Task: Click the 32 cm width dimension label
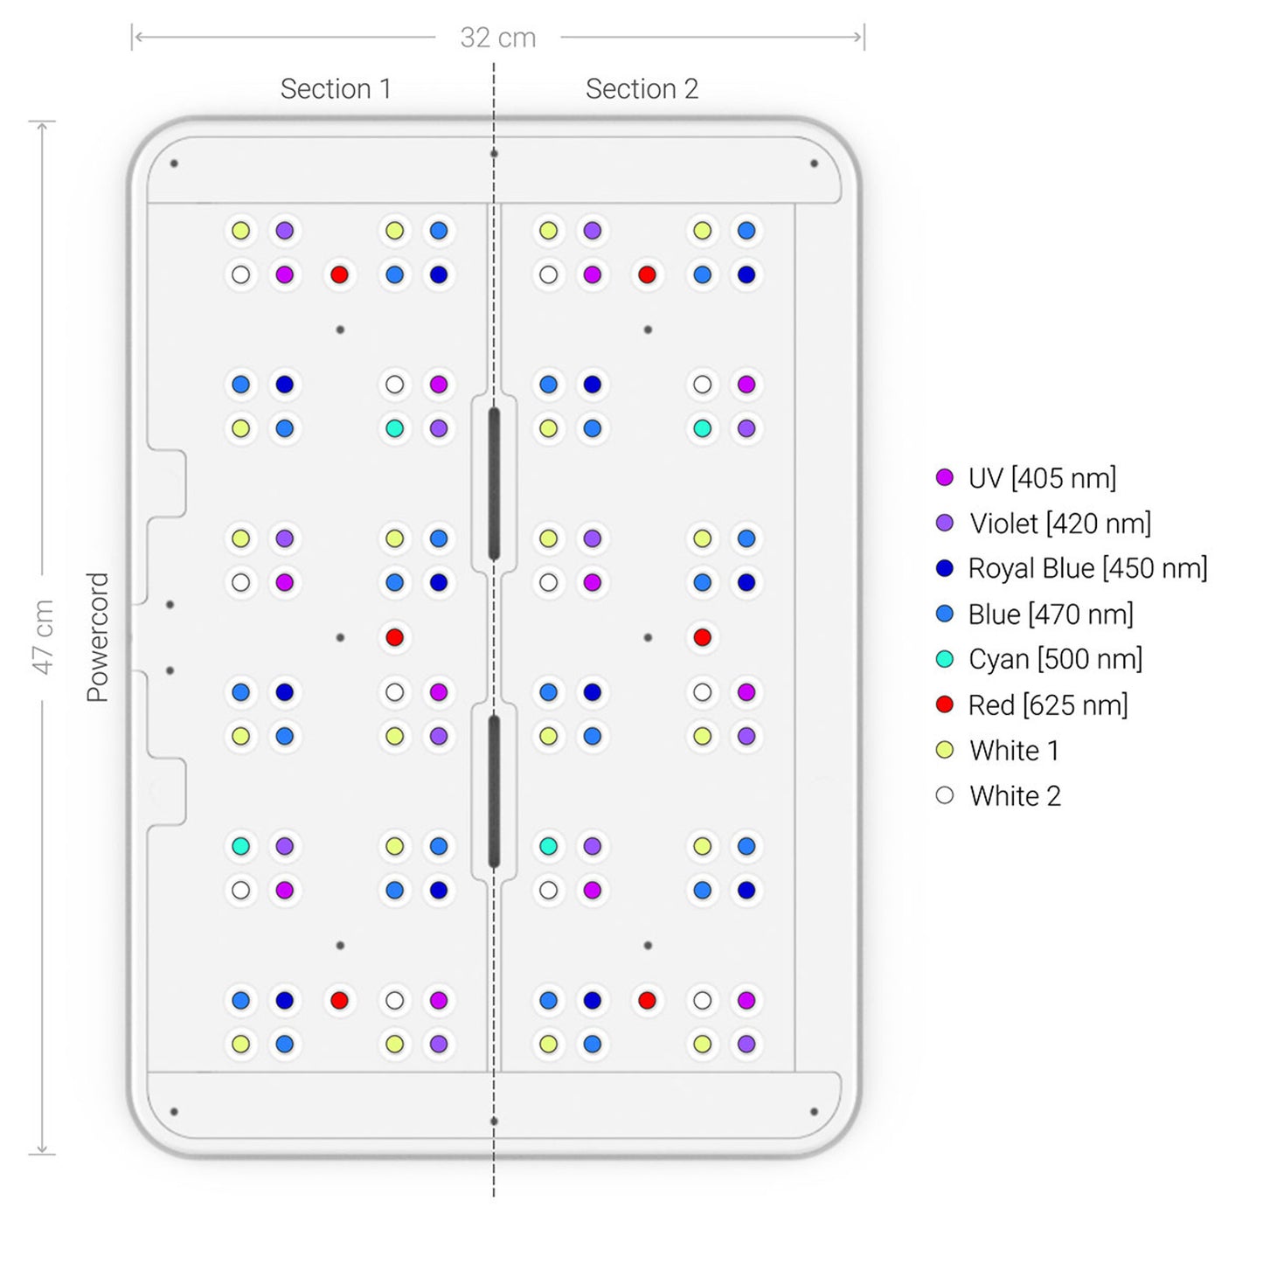pyautogui.click(x=497, y=38)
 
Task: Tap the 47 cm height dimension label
pyautogui.click(x=43, y=637)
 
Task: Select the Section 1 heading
pyautogui.click(x=335, y=88)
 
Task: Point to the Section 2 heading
pyautogui.click(x=642, y=88)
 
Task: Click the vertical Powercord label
pyautogui.click(x=97, y=637)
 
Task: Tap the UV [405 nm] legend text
pyautogui.click(x=1042, y=478)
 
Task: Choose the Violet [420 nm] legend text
pyautogui.click(x=1059, y=524)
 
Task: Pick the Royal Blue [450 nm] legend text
pyautogui.click(x=1087, y=568)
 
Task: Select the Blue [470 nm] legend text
pyautogui.click(x=1051, y=614)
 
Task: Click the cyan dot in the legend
pyautogui.click(x=945, y=659)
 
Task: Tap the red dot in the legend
pyautogui.click(x=945, y=704)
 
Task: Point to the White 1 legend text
pyautogui.click(x=1014, y=750)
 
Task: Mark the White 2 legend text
pyautogui.click(x=1015, y=795)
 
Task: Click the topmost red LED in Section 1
pyautogui.click(x=340, y=274)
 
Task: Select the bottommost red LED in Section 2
pyautogui.click(x=647, y=1000)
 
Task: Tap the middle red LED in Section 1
pyautogui.click(x=394, y=637)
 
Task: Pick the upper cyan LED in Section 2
pyautogui.click(x=702, y=428)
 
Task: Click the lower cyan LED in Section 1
pyautogui.click(x=240, y=846)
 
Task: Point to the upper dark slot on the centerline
pyautogui.click(x=494, y=483)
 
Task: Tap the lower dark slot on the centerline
pyautogui.click(x=494, y=791)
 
